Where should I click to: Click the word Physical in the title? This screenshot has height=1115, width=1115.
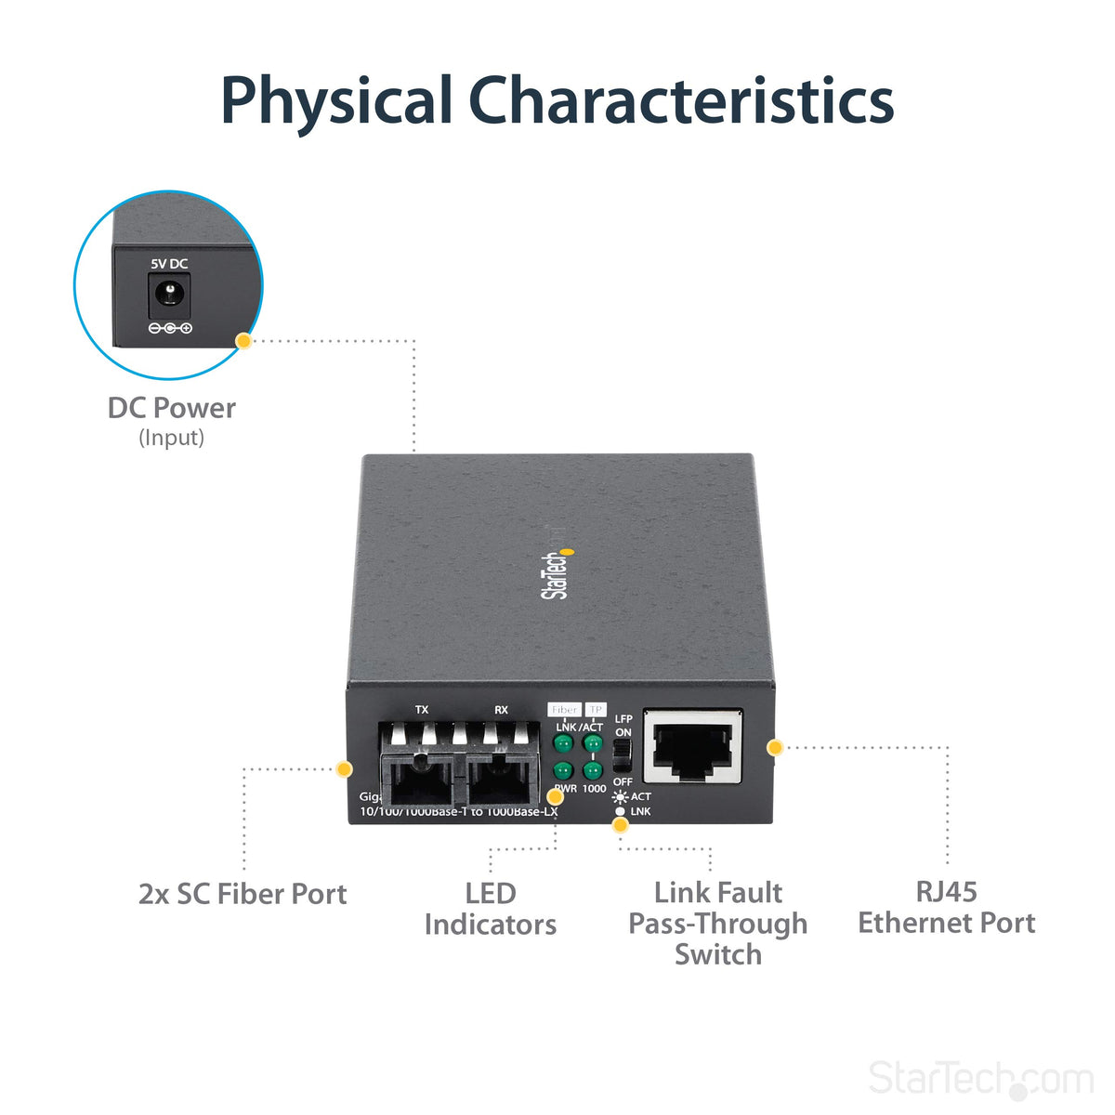335,102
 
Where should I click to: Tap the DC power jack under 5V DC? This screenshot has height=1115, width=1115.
169,297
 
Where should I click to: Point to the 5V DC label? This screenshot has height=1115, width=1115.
169,264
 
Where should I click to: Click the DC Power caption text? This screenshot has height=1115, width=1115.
172,408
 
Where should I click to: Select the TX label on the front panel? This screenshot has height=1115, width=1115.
422,710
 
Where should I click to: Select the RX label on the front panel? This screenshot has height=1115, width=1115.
501,710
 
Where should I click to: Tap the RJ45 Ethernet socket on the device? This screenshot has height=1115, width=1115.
693,747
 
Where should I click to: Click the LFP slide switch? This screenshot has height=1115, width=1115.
623,754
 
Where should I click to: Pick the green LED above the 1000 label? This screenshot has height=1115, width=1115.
592,770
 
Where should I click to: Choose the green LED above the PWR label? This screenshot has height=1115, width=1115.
562,770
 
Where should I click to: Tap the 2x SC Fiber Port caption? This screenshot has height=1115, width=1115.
243,894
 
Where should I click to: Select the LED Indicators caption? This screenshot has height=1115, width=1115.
491,909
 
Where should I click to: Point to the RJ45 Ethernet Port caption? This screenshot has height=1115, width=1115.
946,907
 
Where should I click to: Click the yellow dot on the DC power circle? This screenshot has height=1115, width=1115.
243,341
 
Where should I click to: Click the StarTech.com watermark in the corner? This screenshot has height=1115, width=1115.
980,1079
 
